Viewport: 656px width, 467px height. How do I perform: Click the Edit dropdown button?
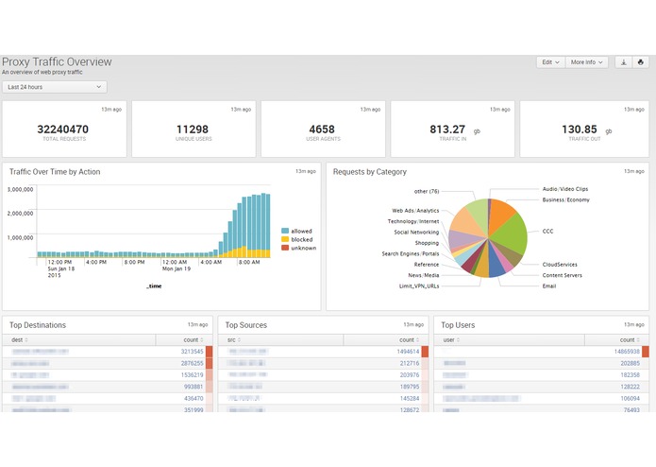click(550, 62)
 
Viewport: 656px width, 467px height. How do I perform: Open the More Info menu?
click(588, 62)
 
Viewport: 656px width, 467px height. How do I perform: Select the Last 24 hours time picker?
click(54, 87)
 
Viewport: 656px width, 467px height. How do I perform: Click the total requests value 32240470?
click(63, 130)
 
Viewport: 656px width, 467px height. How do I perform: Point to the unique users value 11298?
click(193, 130)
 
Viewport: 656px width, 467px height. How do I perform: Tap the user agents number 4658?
click(322, 130)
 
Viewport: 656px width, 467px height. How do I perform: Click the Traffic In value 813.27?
click(447, 130)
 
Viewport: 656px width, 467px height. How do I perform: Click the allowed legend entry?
click(301, 231)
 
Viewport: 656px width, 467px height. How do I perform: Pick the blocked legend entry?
click(301, 239)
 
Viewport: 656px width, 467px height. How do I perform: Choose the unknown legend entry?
click(303, 248)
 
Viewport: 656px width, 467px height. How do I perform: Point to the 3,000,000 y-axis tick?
click(21, 189)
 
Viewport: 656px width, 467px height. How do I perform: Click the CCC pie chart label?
click(547, 231)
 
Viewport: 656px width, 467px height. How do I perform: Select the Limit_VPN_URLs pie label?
click(418, 285)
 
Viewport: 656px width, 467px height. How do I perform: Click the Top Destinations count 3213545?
click(191, 351)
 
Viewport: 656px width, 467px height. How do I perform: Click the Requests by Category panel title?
click(370, 172)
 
